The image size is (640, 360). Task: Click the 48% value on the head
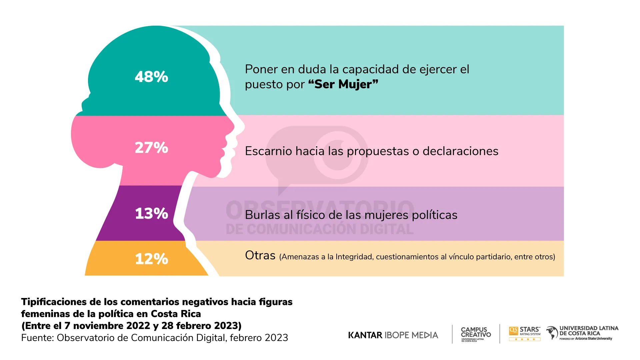pos(151,77)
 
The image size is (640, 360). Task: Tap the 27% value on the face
pos(151,148)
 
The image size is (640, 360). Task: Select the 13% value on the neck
pos(151,213)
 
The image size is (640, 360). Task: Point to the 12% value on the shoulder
pos(151,259)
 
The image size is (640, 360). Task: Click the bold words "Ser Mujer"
pos(343,84)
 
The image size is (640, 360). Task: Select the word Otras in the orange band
pos(260,256)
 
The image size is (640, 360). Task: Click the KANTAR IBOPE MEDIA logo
pos(393,335)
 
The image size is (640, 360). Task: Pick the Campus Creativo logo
pos(476,333)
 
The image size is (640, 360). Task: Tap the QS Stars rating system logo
pos(524,333)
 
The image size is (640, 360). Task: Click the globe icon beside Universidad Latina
pos(552,333)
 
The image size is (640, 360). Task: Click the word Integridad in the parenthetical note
pos(354,257)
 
